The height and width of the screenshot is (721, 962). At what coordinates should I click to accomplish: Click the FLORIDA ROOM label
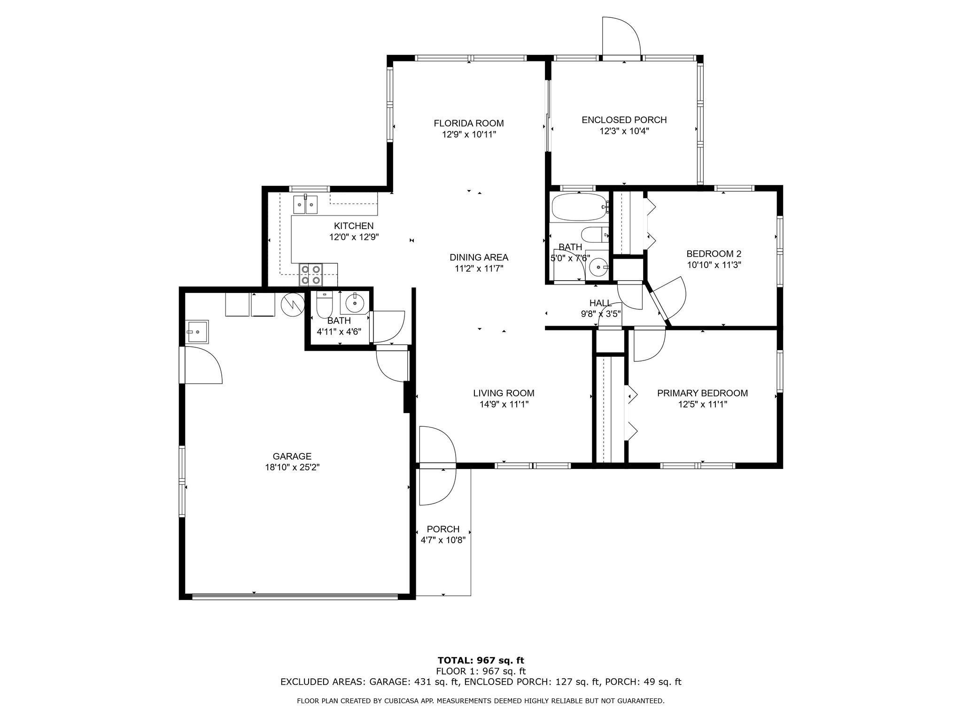(468, 123)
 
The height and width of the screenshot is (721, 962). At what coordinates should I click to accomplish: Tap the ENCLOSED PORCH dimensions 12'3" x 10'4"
(624, 131)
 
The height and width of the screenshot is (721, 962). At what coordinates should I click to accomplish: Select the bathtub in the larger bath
(579, 207)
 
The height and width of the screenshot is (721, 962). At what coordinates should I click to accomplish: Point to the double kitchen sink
(305, 205)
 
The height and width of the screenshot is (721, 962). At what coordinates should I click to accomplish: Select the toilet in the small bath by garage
(325, 305)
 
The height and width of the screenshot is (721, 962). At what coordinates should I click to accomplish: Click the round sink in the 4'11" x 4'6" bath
(354, 304)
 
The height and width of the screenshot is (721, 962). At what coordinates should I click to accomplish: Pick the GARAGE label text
(292, 456)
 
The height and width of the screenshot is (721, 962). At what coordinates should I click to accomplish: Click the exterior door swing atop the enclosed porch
(621, 38)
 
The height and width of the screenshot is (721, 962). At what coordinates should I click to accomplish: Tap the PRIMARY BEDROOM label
(702, 393)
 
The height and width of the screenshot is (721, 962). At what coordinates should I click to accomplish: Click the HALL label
(600, 303)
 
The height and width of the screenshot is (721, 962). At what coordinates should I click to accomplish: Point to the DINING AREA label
(479, 257)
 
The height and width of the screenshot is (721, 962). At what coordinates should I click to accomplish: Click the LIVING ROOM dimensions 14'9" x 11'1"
(504, 404)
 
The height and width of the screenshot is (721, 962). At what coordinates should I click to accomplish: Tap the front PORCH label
(443, 529)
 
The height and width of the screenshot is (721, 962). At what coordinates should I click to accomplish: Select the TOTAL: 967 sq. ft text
(481, 660)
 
